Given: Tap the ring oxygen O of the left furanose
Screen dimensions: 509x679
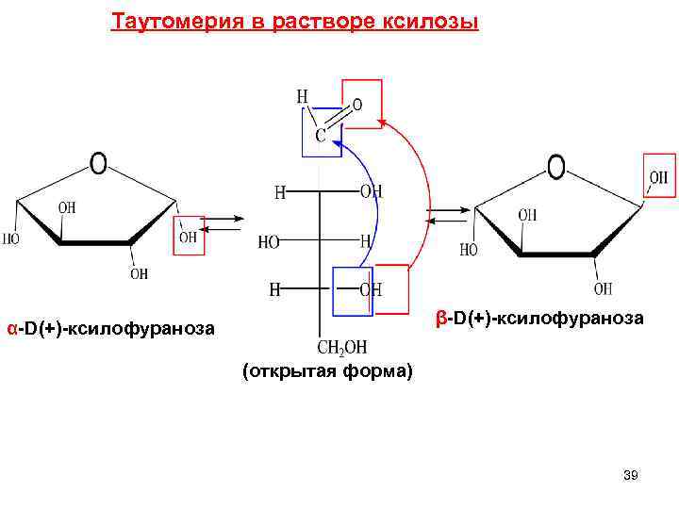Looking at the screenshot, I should point(97,163).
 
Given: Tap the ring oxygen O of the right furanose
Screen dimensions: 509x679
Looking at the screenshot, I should point(556,167).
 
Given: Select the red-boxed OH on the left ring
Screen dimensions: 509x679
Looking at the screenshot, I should point(189,237).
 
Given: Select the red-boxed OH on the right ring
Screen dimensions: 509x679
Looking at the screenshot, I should point(658,176).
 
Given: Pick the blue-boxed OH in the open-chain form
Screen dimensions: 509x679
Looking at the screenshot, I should point(371,289).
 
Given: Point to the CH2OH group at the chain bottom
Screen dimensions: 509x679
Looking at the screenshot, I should point(342,347).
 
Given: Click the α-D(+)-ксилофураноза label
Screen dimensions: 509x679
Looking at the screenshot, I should point(110,328).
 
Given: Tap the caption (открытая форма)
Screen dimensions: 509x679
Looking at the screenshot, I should point(327,371).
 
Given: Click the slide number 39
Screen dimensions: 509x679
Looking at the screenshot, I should point(631,476).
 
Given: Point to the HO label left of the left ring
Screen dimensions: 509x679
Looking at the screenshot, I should point(10,239).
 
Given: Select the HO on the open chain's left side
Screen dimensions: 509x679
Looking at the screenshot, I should point(269,242).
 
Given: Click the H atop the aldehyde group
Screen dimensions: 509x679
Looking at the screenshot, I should point(302,96).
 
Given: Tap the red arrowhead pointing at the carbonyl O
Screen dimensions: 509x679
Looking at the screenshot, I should point(381,122).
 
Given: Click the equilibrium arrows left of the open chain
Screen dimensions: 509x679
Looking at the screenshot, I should point(224,224).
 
